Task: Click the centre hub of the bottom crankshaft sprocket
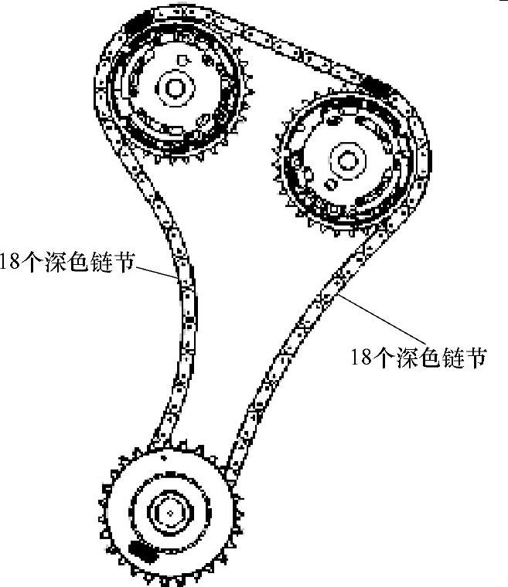(x=169, y=512)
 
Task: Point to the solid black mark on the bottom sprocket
(x=141, y=550)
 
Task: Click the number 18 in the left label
(x=9, y=263)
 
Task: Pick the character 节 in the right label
(x=476, y=357)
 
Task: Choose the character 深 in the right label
(x=409, y=357)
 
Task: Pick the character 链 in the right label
(x=454, y=357)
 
